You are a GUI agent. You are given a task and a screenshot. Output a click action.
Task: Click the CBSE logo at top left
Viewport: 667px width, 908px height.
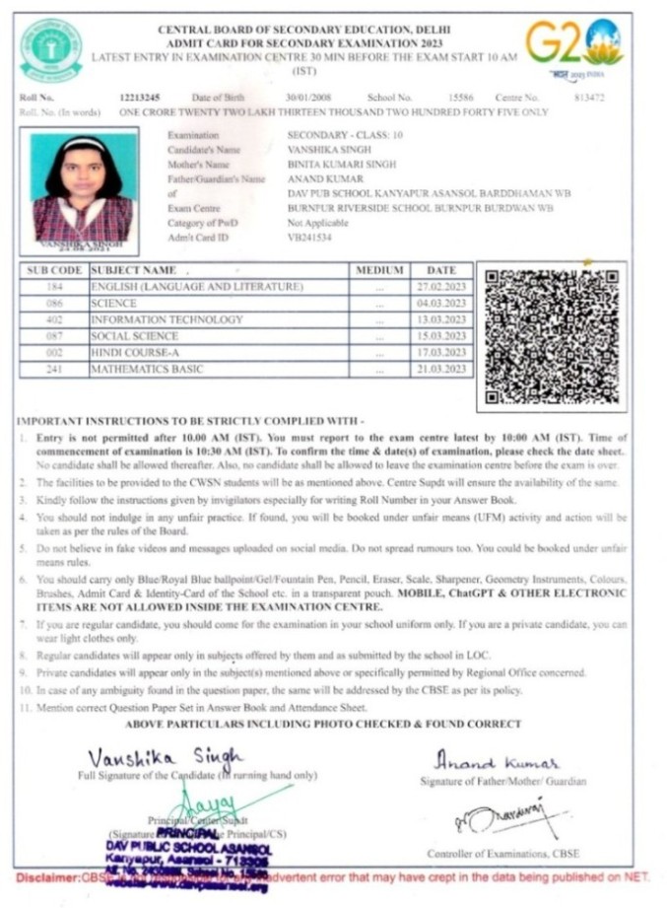point(51,49)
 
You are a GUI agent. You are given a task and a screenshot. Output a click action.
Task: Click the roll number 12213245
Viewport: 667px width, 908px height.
point(138,97)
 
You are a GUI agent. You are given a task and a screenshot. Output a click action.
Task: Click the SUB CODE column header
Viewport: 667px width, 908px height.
point(54,270)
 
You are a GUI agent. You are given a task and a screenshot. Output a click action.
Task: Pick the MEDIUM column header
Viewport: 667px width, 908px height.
point(379,270)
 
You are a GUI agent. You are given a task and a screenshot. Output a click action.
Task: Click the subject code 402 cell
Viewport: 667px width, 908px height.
point(54,320)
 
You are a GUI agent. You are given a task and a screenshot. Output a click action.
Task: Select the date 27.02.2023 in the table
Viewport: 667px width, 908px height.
point(441,287)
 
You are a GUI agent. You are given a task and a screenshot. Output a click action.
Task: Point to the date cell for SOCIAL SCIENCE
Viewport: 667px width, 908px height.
point(441,336)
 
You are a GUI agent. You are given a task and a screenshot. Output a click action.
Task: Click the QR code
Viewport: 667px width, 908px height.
point(551,336)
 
